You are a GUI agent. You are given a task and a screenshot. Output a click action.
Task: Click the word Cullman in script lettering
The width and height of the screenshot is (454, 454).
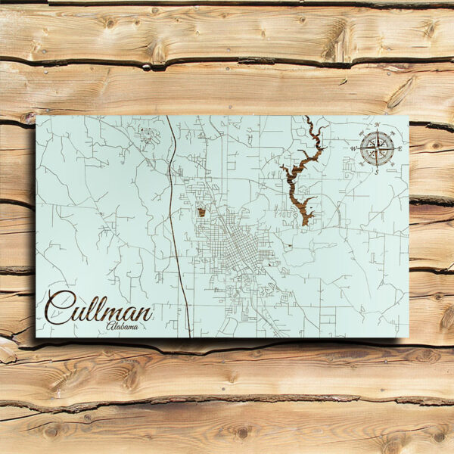[x=98, y=307]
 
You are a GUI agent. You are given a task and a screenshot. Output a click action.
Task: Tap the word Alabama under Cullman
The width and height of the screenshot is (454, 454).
[x=123, y=326]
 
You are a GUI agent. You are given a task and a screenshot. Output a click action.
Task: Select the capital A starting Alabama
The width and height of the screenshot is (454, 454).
[x=110, y=325]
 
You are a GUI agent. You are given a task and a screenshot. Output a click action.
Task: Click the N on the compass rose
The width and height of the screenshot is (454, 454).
[x=376, y=124]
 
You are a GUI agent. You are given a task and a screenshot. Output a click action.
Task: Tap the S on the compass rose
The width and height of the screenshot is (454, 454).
[x=376, y=172]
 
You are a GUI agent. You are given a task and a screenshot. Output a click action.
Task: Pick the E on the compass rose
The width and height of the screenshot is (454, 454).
[x=400, y=148]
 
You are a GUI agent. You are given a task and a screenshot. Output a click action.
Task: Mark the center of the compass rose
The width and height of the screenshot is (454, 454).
[x=376, y=148]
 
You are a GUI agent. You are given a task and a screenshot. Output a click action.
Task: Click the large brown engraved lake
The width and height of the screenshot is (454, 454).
[x=298, y=182]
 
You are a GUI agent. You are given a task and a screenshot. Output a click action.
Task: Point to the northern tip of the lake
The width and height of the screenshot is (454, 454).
[x=307, y=118]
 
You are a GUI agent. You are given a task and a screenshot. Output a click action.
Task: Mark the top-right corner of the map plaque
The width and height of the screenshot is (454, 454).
[x=408, y=116]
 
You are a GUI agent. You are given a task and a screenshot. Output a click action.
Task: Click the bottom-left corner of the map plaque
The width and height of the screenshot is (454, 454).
[x=36, y=337]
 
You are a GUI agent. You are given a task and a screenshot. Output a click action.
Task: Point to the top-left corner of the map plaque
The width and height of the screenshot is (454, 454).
[x=36, y=116]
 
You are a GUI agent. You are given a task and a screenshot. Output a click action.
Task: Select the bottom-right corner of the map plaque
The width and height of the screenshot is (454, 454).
[x=408, y=337]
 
